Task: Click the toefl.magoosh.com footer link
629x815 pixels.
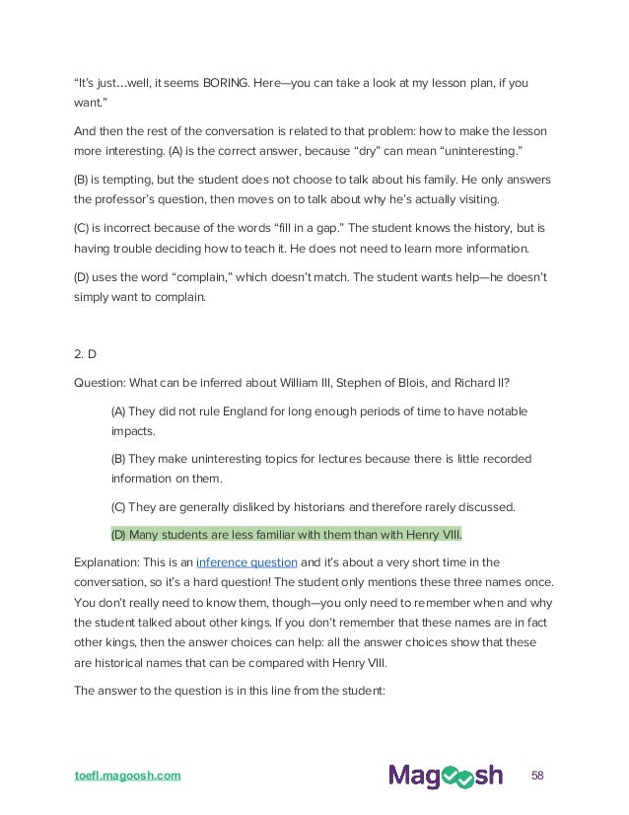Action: pos(128,775)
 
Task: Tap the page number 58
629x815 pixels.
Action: pos(537,774)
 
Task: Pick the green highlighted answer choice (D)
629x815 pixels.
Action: pos(286,534)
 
